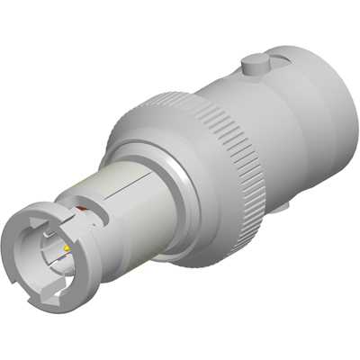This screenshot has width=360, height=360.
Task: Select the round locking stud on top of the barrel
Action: (253, 64)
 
